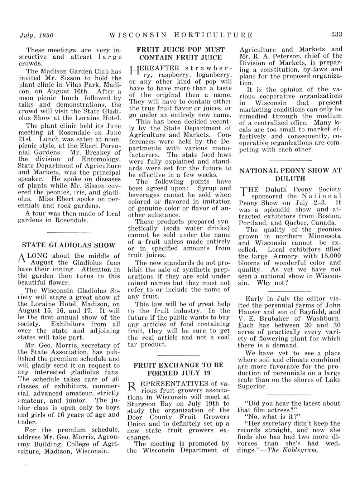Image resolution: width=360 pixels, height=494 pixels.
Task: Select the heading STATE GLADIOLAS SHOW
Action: (69, 246)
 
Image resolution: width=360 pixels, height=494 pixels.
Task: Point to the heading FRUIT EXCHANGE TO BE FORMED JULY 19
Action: (178, 369)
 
